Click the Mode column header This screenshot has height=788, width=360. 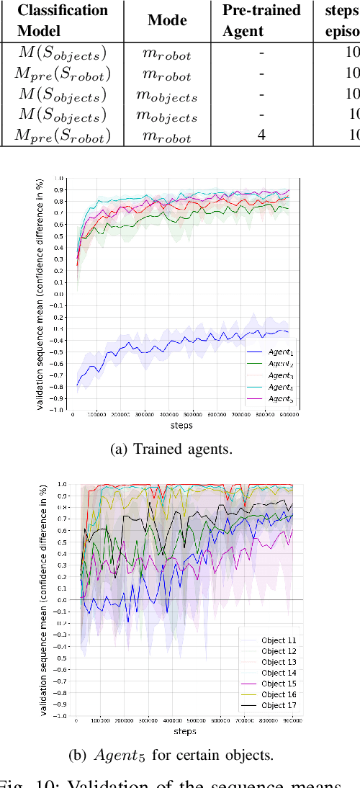(x=168, y=21)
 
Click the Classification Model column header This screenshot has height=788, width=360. (x=62, y=21)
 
